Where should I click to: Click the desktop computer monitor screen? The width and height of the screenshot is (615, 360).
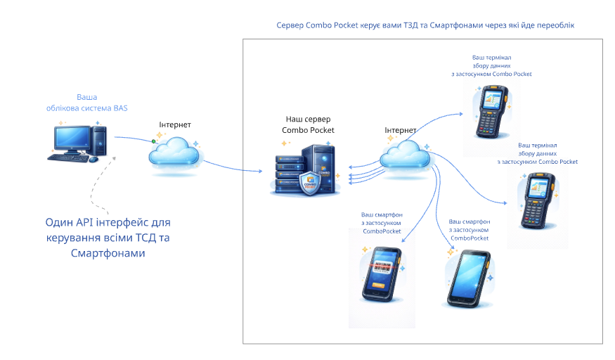pyautogui.click(x=72, y=138)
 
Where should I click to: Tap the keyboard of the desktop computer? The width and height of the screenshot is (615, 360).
pyautogui.click(x=69, y=158)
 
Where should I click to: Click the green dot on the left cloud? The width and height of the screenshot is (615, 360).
pyautogui.click(x=154, y=141)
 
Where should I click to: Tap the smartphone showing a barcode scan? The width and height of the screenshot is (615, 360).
pyautogui.click(x=381, y=274)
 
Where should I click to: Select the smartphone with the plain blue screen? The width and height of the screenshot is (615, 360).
pyautogui.click(x=469, y=279)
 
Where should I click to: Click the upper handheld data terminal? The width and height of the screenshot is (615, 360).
pyautogui.click(x=492, y=112)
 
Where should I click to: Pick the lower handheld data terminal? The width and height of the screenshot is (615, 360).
pyautogui.click(x=538, y=201)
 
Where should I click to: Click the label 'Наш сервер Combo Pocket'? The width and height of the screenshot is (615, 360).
pyautogui.click(x=308, y=124)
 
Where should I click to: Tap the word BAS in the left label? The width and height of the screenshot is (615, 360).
pyautogui.click(x=120, y=108)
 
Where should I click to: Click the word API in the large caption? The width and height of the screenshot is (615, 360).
pyautogui.click(x=85, y=222)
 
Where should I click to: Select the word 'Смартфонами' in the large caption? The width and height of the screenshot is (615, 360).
pyautogui.click(x=108, y=253)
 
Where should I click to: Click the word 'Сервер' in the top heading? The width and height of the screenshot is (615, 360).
pyautogui.click(x=290, y=25)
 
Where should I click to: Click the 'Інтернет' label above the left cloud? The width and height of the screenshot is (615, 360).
pyautogui.click(x=175, y=124)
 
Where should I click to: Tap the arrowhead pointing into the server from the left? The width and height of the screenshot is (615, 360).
pyautogui.click(x=260, y=171)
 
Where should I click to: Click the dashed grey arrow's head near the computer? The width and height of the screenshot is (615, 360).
pyautogui.click(x=114, y=158)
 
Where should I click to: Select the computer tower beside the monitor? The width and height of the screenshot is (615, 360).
pyautogui.click(x=99, y=141)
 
